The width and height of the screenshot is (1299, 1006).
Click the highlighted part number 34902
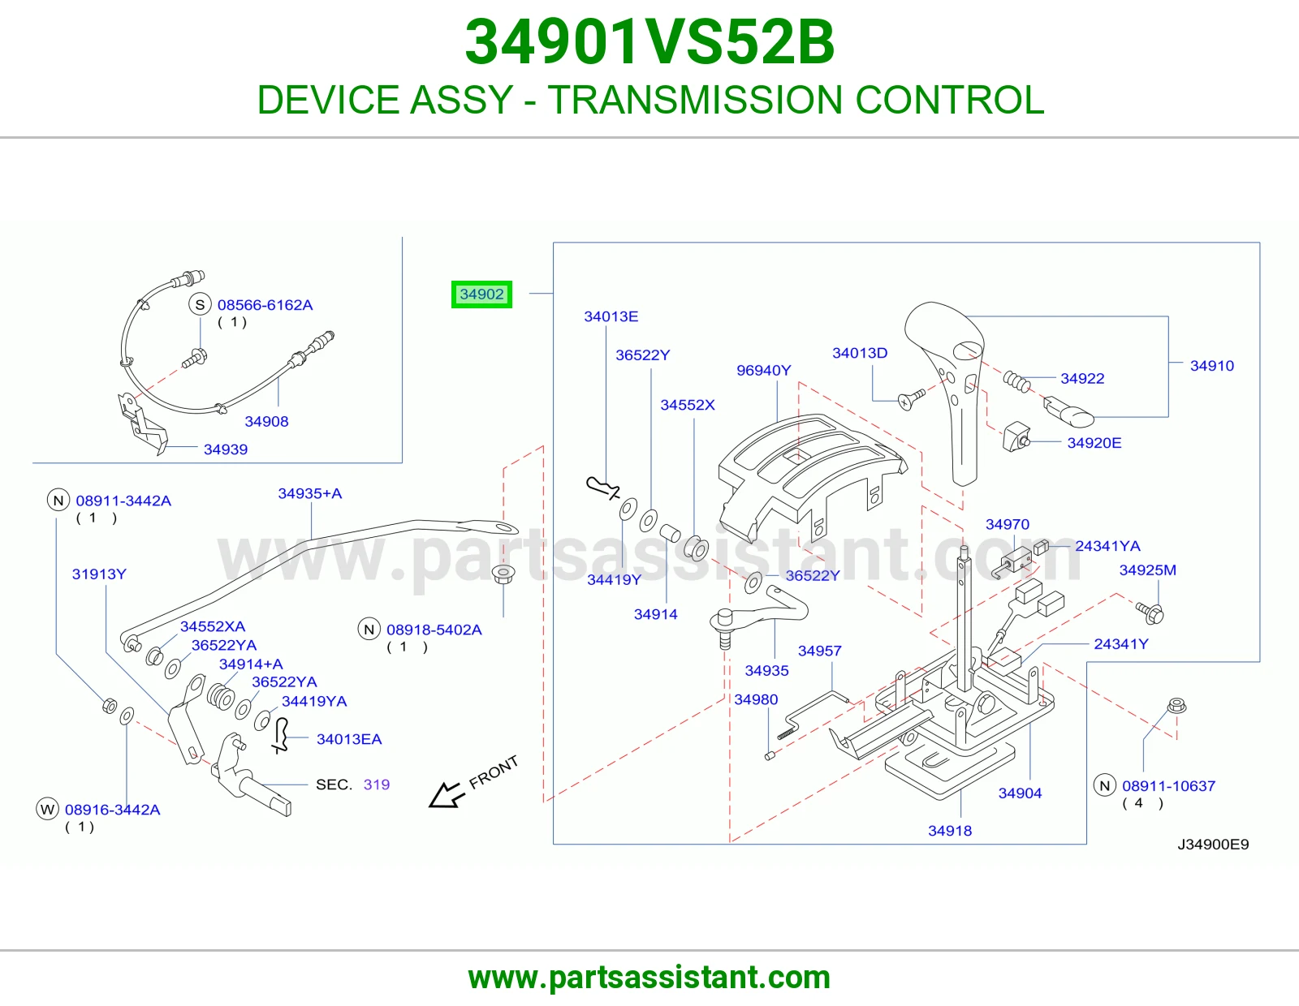pyautogui.click(x=481, y=294)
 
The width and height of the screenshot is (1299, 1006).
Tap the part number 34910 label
pyautogui.click(x=1211, y=366)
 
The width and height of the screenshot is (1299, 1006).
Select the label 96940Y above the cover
pyautogui.click(x=763, y=371)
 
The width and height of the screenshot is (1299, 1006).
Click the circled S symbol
pyautogui.click(x=200, y=305)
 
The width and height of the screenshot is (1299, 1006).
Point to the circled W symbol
pyautogui.click(x=47, y=810)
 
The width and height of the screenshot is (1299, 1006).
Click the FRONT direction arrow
pyautogui.click(x=446, y=795)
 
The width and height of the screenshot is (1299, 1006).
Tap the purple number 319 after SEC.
pyautogui.click(x=377, y=785)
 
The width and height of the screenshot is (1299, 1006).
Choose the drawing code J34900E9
pyautogui.click(x=1213, y=844)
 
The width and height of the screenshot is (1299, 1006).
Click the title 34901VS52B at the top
pyautogui.click(x=649, y=42)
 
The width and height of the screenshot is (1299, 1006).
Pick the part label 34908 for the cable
pyautogui.click(x=266, y=421)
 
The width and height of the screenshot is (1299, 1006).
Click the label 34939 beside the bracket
pyautogui.click(x=226, y=449)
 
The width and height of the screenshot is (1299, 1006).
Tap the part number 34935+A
pyautogui.click(x=309, y=493)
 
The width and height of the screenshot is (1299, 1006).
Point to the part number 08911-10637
pyautogui.click(x=1168, y=785)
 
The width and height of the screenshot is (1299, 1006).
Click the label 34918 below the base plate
pyautogui.click(x=950, y=831)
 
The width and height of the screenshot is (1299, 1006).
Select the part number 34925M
pyautogui.click(x=1148, y=570)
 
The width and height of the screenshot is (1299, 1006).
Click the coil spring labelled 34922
pyautogui.click(x=1016, y=381)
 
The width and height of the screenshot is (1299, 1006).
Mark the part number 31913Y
pyautogui.click(x=99, y=574)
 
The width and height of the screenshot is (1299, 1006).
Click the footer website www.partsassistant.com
pyautogui.click(x=649, y=978)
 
